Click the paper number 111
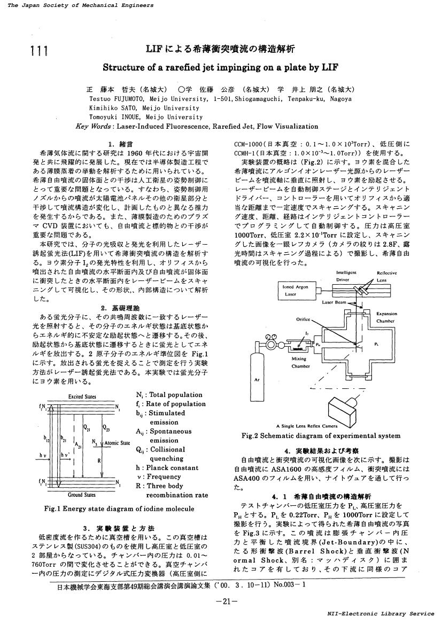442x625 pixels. (40, 51)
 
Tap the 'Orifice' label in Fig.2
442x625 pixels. (303, 319)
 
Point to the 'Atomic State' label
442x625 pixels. (117, 443)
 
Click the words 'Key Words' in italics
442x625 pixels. (94, 127)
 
